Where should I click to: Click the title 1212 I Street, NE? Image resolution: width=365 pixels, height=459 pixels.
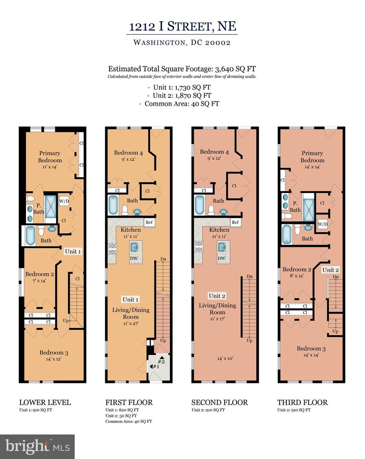[x=183, y=27]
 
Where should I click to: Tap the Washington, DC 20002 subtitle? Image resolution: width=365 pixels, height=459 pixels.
[x=183, y=42]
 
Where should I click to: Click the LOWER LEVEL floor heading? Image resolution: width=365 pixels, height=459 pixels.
[x=45, y=402]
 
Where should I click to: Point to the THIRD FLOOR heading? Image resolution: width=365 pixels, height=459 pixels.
[x=303, y=402]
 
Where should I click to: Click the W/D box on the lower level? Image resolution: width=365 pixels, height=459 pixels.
[x=64, y=201]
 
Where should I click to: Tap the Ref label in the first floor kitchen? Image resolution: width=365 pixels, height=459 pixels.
[x=149, y=222]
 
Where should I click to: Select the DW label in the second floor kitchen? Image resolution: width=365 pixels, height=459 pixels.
[x=221, y=258]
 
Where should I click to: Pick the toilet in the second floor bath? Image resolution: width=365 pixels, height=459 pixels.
[x=211, y=209]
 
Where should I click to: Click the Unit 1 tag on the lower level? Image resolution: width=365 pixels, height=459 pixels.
[x=73, y=251]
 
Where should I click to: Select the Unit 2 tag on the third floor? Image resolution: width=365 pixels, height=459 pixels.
[x=330, y=269]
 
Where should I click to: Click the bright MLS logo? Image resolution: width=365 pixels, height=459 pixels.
[x=37, y=446]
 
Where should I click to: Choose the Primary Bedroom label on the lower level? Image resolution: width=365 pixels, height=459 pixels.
[x=50, y=157]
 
